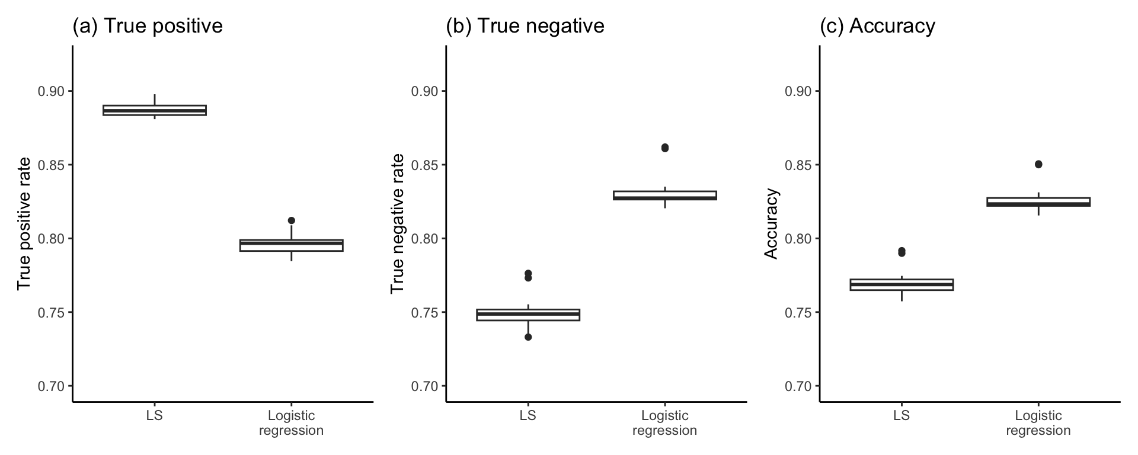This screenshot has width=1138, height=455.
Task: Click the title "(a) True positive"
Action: coord(147,26)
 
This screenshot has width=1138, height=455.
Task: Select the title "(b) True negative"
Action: coord(525,26)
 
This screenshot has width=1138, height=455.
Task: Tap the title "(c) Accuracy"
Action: coord(877,26)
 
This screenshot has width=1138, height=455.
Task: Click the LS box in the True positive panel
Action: coord(155,110)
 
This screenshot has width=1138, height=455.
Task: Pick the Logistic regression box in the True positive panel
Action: coord(292,245)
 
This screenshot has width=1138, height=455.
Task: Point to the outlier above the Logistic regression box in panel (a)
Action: coord(292,220)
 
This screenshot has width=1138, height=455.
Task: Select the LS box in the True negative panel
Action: coord(528,315)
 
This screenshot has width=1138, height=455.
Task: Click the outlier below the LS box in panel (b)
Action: coord(528,337)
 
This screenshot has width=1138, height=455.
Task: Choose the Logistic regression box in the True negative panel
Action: coord(665,196)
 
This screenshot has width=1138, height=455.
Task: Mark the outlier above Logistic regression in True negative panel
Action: coord(665,148)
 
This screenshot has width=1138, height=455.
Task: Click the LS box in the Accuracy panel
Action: coord(902,284)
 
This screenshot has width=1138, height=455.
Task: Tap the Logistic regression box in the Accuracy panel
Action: coord(1038,202)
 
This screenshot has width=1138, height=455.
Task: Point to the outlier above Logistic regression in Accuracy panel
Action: coord(1038,164)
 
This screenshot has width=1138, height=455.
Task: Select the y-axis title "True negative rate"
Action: coord(397,223)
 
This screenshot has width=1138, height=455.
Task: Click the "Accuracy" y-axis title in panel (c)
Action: coord(771,223)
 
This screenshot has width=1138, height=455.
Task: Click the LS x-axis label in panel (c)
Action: coord(902,415)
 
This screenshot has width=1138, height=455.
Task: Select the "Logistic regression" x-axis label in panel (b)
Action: coord(665,423)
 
